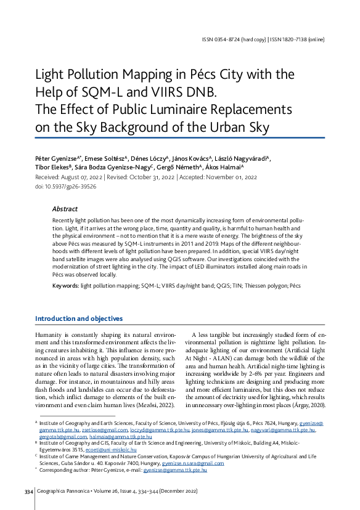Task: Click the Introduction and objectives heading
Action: [78, 318]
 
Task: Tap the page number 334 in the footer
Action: [28, 491]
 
